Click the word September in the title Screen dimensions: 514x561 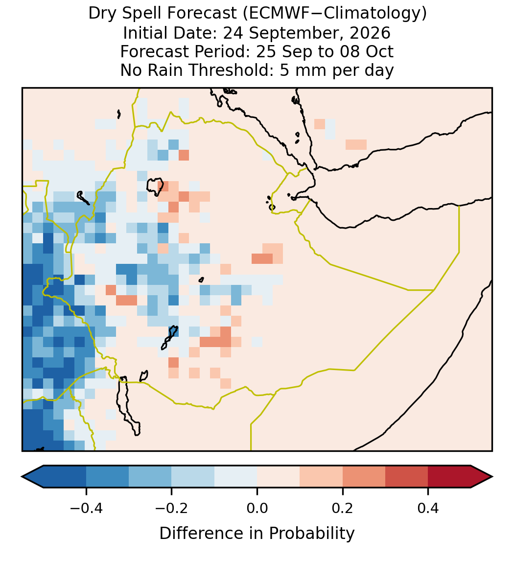point(289,34)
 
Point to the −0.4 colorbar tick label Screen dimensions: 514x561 point(86,508)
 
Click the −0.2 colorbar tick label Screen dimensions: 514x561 point(172,508)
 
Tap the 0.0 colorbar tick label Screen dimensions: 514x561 point(257,508)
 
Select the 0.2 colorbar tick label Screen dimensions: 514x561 point(343,508)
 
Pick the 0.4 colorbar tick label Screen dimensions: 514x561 point(428,508)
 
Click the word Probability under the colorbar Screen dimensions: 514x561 point(311,534)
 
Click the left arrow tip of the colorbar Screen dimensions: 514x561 point(22,477)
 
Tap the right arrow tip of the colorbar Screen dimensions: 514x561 point(492,477)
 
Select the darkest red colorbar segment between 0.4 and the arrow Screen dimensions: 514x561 point(449,477)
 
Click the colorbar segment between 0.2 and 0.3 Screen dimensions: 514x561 point(364,477)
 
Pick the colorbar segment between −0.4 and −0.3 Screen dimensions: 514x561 point(107,477)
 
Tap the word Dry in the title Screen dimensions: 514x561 point(101,14)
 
